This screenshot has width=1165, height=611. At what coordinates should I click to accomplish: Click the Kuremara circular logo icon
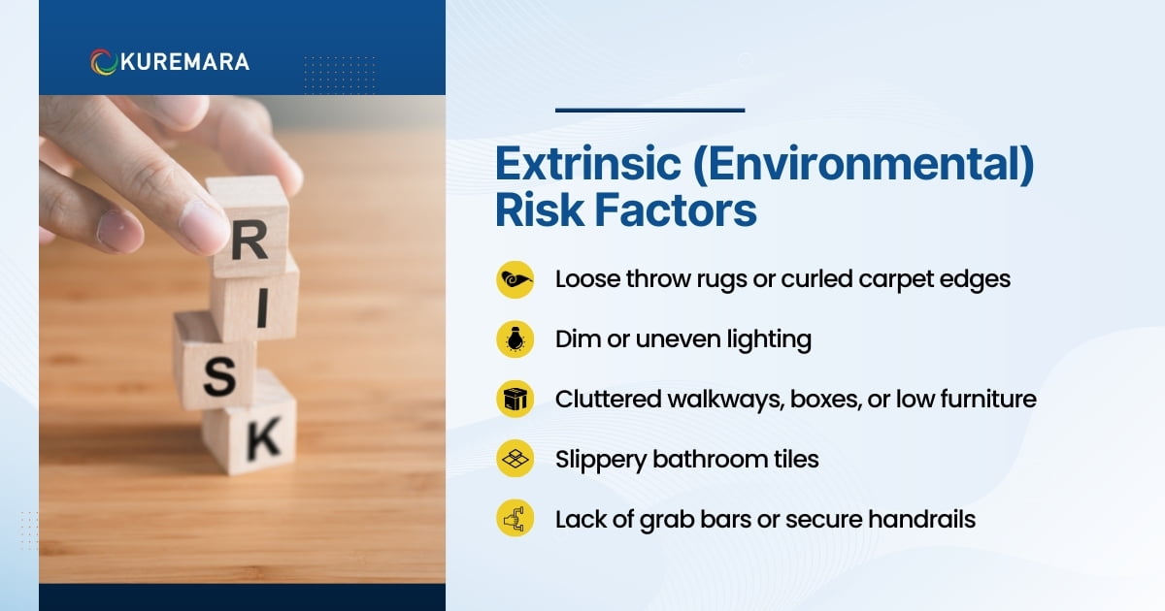point(104,61)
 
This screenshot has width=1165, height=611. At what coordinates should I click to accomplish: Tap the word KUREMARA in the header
point(184,61)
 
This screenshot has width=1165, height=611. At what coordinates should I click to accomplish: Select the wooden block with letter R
point(249,228)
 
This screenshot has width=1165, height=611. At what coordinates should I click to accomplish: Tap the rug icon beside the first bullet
point(515,279)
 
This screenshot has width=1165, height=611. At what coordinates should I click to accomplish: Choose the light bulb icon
point(515,338)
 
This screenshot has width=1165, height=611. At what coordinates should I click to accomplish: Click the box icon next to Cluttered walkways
point(515,399)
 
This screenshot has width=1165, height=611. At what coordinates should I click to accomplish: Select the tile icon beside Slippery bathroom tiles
point(515,459)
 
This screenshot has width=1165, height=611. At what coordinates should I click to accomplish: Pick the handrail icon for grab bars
point(515,519)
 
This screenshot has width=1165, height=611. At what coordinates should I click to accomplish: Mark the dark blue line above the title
point(649,110)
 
